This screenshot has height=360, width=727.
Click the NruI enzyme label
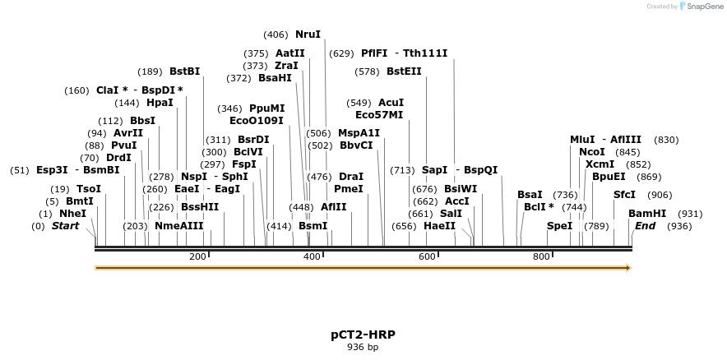(308, 35)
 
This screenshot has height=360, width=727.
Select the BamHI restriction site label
(647, 213)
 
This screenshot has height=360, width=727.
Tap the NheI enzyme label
(72, 213)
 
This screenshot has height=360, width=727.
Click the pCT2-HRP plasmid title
(363, 335)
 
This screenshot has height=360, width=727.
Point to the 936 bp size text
(363, 347)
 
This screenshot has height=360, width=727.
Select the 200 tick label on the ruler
(197, 257)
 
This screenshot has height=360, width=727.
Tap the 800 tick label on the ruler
(541, 257)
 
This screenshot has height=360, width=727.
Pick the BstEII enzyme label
(404, 72)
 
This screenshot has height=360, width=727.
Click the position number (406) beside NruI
(276, 35)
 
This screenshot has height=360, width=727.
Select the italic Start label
(66, 225)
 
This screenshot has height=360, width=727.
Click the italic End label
(646, 225)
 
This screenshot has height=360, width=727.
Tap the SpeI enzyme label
(559, 225)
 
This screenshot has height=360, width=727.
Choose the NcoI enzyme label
(591, 152)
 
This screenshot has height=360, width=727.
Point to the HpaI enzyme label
(160, 103)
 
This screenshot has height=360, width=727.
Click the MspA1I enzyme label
(359, 133)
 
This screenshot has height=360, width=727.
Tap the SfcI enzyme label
(624, 195)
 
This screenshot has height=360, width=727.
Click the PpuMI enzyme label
(266, 108)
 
